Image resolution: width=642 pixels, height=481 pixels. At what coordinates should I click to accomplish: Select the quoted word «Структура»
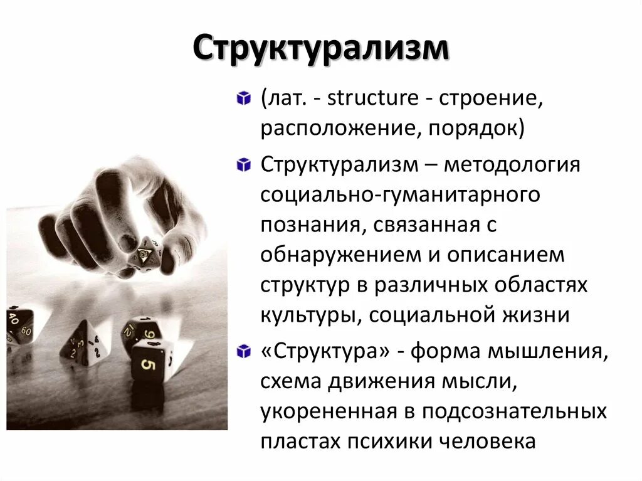[322, 352]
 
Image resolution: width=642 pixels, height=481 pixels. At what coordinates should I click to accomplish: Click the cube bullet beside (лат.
[242, 100]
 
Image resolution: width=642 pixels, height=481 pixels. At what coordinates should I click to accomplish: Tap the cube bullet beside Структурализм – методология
[242, 167]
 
